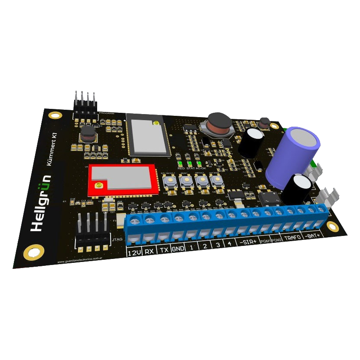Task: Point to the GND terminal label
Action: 178,249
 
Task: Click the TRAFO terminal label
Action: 293,238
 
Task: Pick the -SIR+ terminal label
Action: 248,242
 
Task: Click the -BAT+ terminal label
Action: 313,236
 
